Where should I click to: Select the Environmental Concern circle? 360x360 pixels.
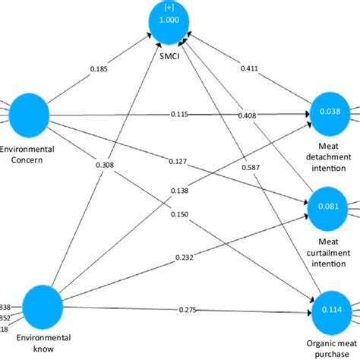pyautogui.click(x=28, y=115)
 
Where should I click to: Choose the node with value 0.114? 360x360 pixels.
pyautogui.click(x=330, y=309)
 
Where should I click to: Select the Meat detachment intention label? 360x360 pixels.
pyautogui.click(x=332, y=155)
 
